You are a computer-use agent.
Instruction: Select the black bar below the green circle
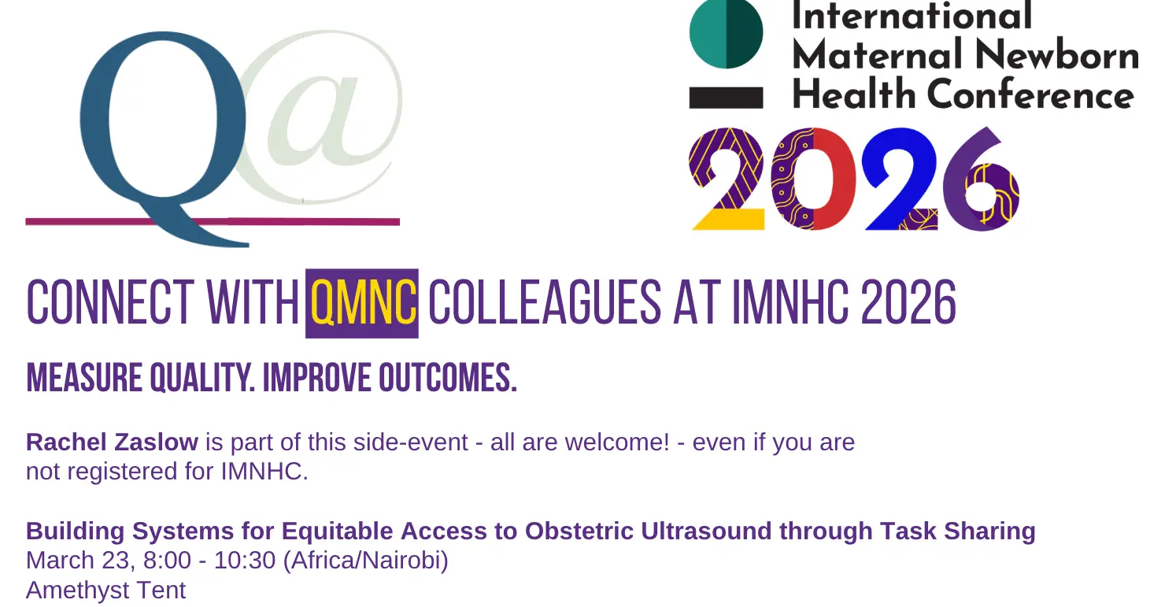(x=726, y=98)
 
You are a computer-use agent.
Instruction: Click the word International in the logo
(x=912, y=16)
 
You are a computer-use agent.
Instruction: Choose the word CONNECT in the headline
(x=110, y=303)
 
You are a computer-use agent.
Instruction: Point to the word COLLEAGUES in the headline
(x=545, y=303)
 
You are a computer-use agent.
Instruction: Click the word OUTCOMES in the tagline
(x=448, y=378)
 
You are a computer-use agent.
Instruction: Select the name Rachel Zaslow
(x=113, y=442)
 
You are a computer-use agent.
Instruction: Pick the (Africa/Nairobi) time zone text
(x=366, y=561)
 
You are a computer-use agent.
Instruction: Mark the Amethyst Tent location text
(x=106, y=590)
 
